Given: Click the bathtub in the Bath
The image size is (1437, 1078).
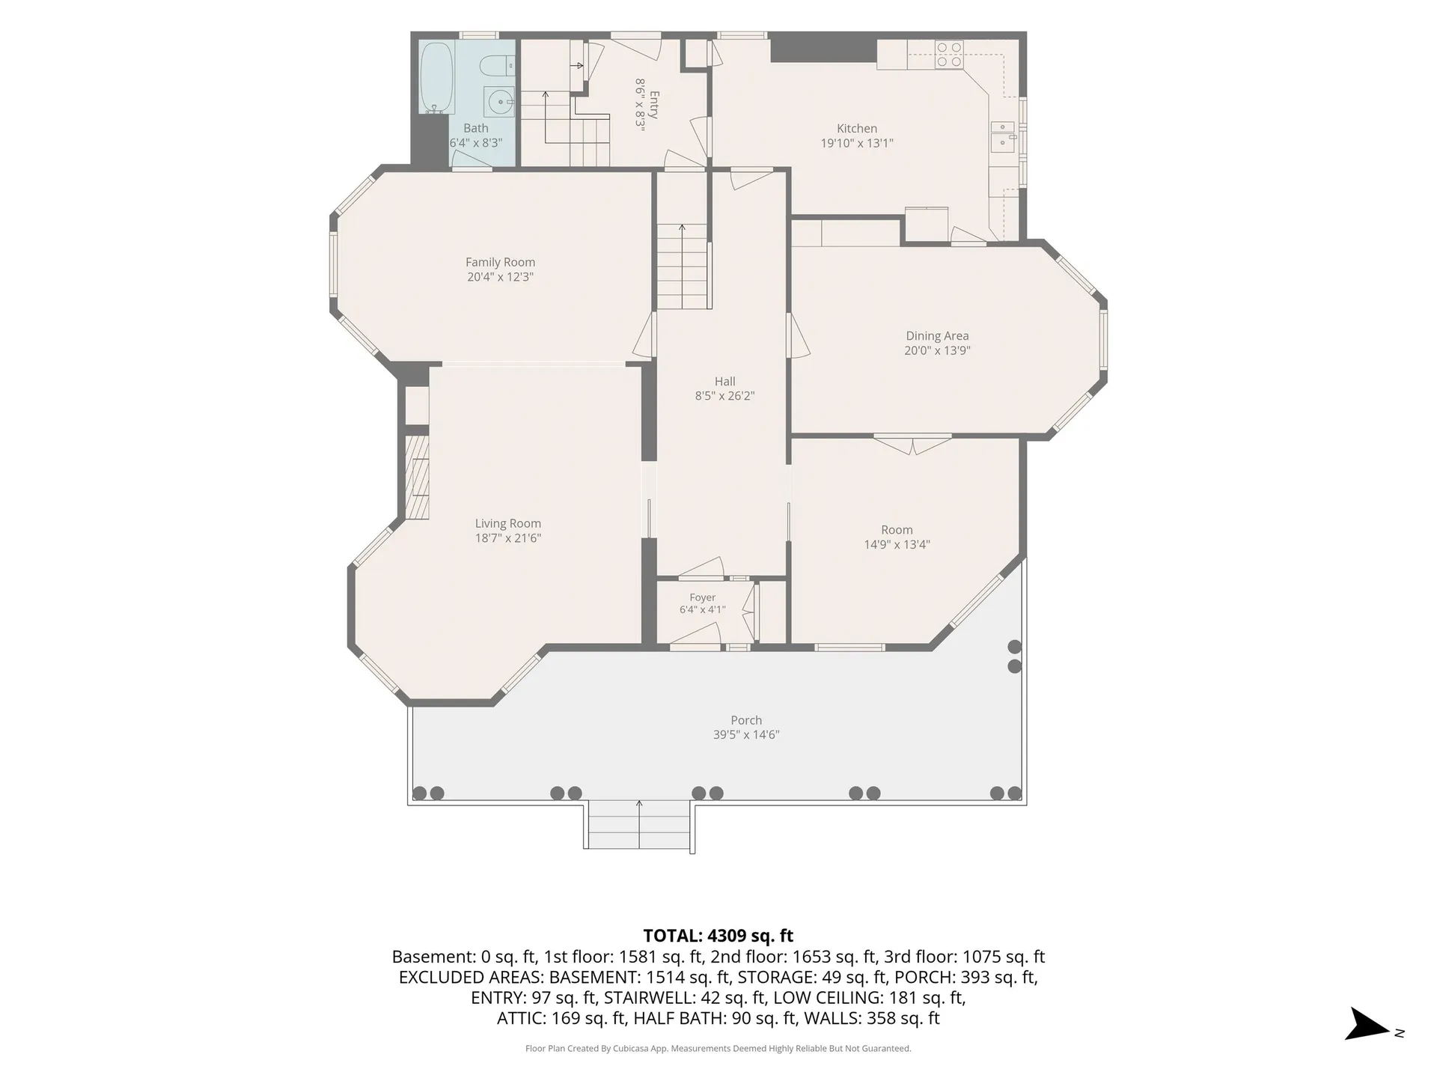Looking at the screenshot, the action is [436, 77].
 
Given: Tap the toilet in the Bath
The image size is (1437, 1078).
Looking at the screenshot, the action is [497, 67].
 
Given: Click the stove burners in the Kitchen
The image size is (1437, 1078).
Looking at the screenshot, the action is [949, 55].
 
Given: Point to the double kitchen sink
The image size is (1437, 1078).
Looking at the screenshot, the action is [1004, 136].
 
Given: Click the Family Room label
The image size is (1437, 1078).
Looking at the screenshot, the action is [500, 262].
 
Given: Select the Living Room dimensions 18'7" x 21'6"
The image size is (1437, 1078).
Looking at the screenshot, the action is [508, 538].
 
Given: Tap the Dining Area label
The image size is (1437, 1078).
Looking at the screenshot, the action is [937, 336].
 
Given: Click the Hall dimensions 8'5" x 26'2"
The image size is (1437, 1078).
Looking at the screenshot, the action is [724, 396].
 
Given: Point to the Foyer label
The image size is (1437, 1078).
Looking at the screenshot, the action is [703, 597].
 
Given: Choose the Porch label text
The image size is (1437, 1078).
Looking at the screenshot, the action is [746, 720].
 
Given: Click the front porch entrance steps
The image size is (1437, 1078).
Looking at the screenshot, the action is [639, 825].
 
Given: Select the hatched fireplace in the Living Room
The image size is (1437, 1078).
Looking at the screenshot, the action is [418, 478].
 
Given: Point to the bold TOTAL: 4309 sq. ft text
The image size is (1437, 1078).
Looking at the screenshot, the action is [718, 936].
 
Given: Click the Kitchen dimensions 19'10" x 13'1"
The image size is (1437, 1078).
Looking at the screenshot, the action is [857, 143].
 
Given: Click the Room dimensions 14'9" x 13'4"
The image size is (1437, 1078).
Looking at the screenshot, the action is [897, 545].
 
